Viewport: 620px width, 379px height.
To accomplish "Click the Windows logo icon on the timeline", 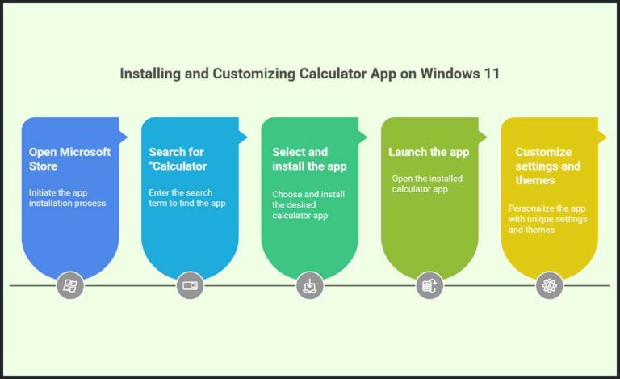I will tap(70, 285).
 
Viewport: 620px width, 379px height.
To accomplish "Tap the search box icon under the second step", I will tap(191, 285).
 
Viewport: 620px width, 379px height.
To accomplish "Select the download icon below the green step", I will tap(310, 285).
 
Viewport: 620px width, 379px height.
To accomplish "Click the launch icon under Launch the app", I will tap(429, 285).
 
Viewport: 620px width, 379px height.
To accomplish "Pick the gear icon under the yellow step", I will tap(550, 285).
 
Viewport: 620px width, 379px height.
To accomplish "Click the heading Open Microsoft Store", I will tap(69, 158).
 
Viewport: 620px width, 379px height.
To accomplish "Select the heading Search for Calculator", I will tap(178, 158).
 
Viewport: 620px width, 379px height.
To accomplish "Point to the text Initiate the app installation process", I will tap(68, 198).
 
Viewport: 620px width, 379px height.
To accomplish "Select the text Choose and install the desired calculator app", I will tap(308, 204).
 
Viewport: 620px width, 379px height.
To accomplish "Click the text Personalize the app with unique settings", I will tap(547, 219).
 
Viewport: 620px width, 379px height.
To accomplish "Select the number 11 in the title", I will tap(492, 74).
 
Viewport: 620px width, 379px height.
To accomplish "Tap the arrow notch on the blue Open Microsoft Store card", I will tap(124, 131).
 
